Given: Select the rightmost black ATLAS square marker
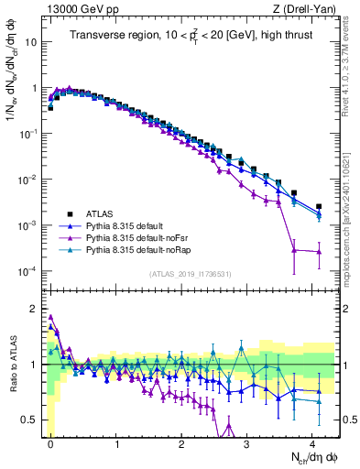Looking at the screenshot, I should point(319,207).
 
